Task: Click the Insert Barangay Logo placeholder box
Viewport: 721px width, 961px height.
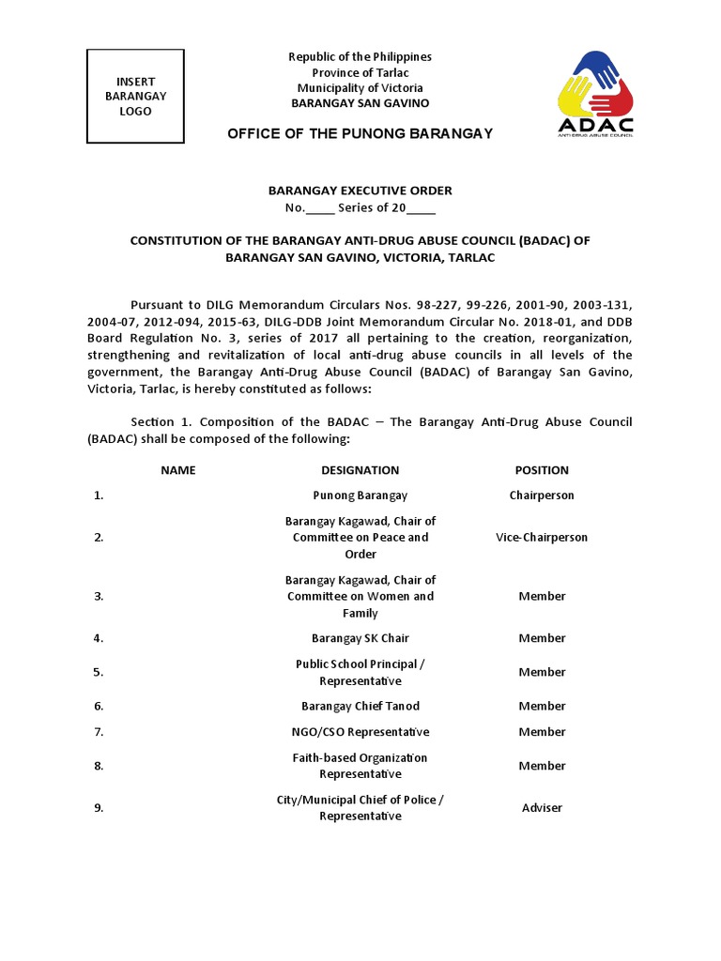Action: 135,97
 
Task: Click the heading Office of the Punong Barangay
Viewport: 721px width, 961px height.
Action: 360,134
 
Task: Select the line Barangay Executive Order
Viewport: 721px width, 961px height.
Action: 360,191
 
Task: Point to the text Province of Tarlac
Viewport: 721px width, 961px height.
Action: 360,73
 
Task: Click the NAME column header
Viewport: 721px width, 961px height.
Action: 177,470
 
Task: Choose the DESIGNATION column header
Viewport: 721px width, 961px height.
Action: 360,470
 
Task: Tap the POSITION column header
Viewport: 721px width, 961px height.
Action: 542,470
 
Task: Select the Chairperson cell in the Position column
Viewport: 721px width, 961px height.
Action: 542,496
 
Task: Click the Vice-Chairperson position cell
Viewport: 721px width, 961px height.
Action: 542,538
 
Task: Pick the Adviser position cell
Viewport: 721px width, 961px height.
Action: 542,808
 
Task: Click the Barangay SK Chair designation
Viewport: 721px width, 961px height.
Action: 360,638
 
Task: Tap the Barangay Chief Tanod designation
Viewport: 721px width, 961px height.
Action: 360,706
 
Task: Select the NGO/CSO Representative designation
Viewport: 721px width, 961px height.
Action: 360,732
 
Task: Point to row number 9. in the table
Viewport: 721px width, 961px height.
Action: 98,808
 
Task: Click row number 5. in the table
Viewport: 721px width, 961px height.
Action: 98,672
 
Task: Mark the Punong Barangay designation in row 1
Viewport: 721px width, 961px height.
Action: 360,496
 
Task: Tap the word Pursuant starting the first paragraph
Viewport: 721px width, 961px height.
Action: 159,305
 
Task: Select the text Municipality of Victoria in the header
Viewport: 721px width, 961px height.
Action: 360,88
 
